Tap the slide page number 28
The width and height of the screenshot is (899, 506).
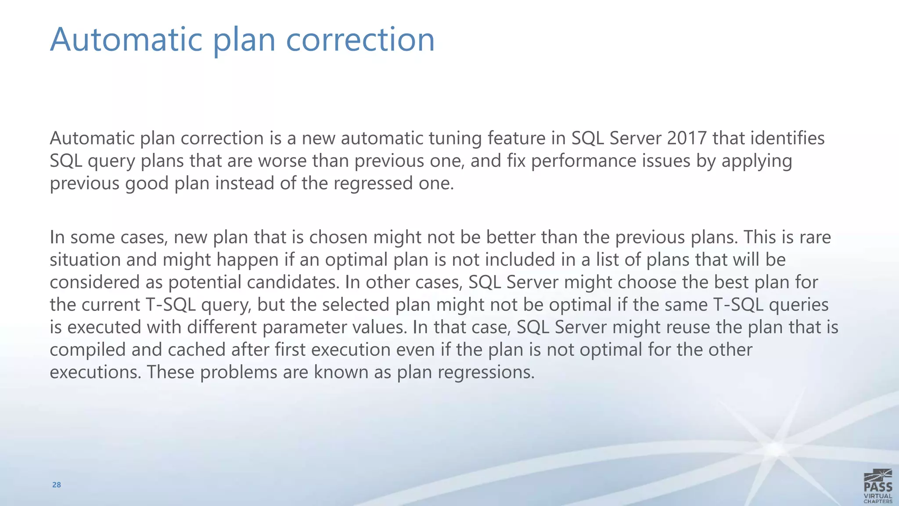point(57,485)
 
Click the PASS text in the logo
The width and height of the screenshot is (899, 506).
point(877,487)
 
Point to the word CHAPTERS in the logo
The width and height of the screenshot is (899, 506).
point(877,501)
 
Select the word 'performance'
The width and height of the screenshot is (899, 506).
point(584,161)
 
